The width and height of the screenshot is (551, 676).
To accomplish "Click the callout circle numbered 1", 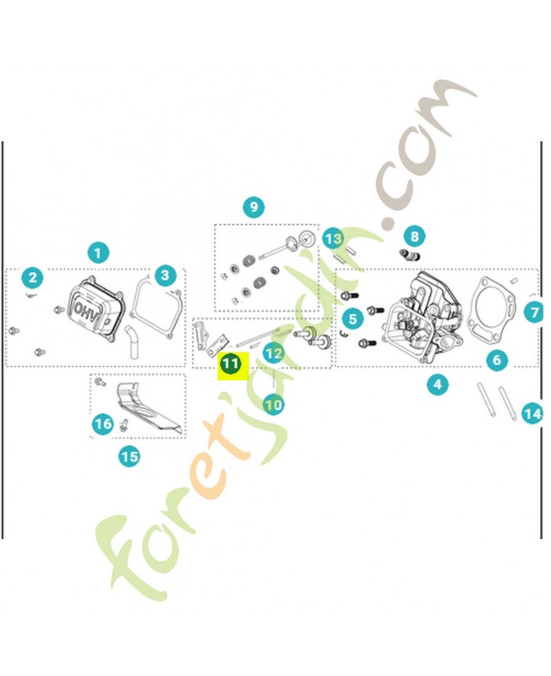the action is click(x=98, y=253).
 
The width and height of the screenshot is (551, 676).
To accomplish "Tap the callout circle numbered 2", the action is click(x=33, y=278).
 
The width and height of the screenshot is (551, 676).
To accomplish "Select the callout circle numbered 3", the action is click(x=165, y=275).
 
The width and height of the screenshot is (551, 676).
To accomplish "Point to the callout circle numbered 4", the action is click(x=438, y=384).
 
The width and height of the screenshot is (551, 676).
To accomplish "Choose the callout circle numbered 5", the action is click(x=352, y=319).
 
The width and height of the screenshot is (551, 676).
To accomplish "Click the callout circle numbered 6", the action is click(x=497, y=360).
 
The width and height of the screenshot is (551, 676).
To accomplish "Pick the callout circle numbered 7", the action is click(x=534, y=312).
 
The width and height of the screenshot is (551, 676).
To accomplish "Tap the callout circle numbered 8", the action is click(x=414, y=237).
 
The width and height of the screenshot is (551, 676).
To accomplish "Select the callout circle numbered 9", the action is click(x=254, y=207).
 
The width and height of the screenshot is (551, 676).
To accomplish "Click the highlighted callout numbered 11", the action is click(x=230, y=364).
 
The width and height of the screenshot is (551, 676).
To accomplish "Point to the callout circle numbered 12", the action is click(x=274, y=354).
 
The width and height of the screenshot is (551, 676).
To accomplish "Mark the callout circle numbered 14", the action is click(x=532, y=414).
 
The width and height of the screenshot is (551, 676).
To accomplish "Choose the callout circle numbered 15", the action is click(x=129, y=456).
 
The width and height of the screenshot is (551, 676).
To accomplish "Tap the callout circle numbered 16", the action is click(x=102, y=424).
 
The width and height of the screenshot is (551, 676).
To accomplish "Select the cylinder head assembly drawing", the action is click(x=425, y=317).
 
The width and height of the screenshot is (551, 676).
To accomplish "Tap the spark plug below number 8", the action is click(x=410, y=256).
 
